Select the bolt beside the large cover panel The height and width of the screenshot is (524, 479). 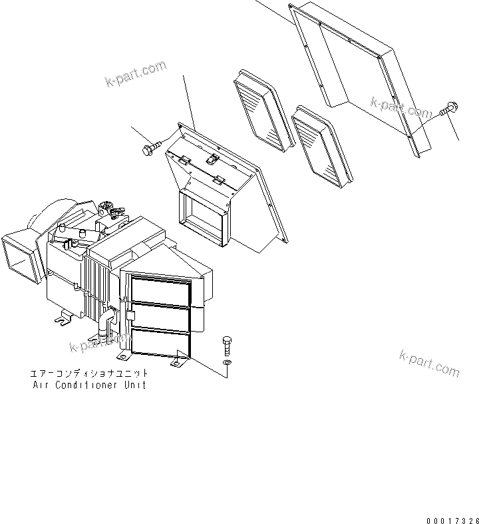(448, 109)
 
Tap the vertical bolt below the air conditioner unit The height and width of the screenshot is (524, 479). (227, 346)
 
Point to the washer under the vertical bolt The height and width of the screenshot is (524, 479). (228, 362)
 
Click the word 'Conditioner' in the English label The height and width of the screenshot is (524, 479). (86, 386)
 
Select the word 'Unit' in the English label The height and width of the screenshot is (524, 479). (133, 386)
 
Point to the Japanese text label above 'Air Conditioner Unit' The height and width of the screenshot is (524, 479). (90, 374)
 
